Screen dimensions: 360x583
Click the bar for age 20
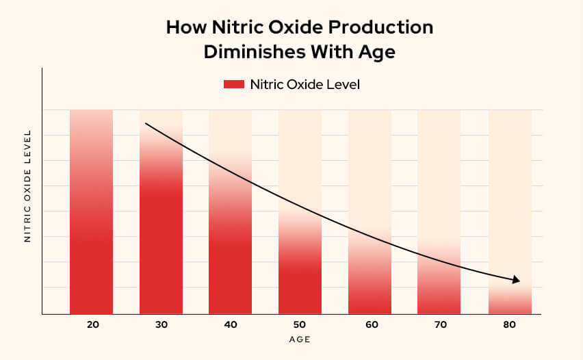pos(91,226)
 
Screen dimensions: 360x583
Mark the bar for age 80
pos(510,301)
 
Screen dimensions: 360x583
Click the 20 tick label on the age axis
pos(91,324)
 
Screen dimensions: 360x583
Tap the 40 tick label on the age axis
pos(231,324)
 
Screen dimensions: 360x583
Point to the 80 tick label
pos(510,324)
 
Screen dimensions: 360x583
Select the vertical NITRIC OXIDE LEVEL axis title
pos(28,186)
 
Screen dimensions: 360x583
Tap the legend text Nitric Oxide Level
pos(305,85)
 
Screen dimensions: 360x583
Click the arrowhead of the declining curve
pos(516,280)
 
